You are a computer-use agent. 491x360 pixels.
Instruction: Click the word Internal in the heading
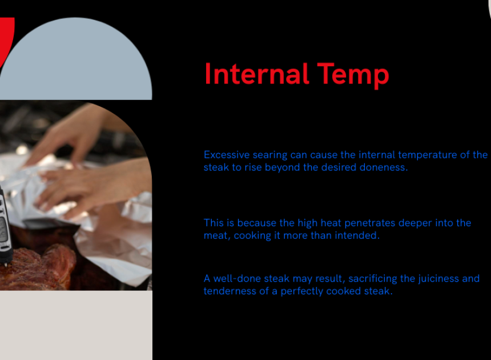[257, 74]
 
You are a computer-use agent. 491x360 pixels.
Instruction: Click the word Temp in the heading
[353, 75]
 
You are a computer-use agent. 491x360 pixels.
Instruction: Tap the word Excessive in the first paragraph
[227, 155]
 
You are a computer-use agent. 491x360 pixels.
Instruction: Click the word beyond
[283, 167]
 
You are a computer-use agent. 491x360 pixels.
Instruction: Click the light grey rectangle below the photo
[76, 325]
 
